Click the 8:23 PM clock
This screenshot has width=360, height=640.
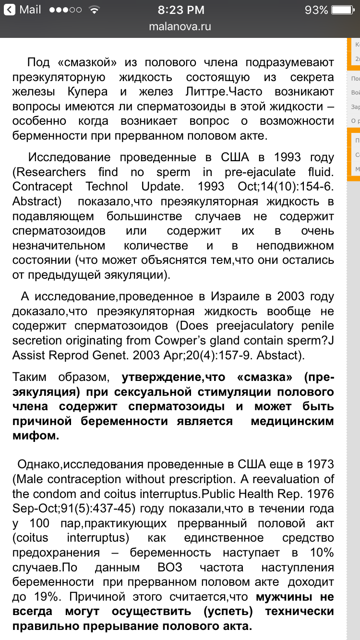point(180,10)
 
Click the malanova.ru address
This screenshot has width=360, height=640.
point(180,26)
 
